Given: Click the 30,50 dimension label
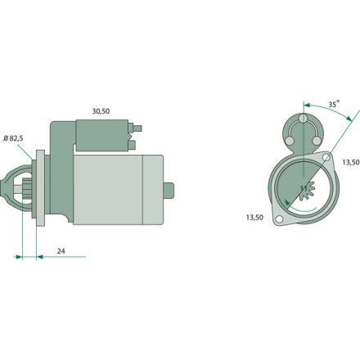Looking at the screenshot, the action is tap(101, 111).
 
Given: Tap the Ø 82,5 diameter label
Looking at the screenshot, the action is tap(13, 138).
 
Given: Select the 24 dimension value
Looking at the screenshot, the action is tap(61, 251).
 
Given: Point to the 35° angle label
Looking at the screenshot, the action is tap(334, 104).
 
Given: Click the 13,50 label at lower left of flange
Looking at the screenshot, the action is tap(254, 218).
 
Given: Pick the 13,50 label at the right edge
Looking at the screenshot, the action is tap(351, 162).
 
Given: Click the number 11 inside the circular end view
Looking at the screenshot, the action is tap(304, 188).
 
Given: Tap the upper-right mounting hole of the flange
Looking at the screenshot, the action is tap(326, 157).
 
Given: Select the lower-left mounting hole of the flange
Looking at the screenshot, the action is tap(279, 219).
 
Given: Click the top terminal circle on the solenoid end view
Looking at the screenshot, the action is tap(303, 119).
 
